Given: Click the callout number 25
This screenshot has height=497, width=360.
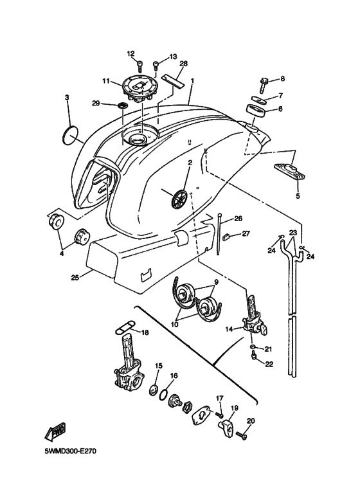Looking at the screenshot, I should tap(75, 278).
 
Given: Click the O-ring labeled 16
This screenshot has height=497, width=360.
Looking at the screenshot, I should tap(165, 393).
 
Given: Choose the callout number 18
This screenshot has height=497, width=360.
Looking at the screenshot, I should tap(145, 332).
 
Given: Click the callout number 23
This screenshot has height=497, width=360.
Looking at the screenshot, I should tap(292, 233).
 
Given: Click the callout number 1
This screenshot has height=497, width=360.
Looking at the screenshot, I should tap(192, 82).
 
